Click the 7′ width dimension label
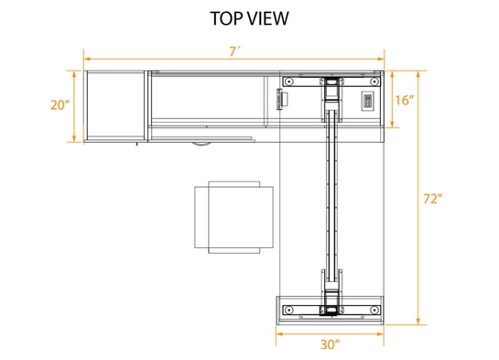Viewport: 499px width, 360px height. [x=234, y=52]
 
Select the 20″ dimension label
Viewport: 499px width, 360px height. [x=60, y=105]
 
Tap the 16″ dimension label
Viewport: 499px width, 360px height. [x=405, y=99]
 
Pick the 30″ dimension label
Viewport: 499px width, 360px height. [x=331, y=344]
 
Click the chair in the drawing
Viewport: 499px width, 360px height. [x=234, y=218]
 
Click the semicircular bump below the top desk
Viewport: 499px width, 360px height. [x=199, y=144]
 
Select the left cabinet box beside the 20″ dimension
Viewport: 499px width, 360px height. [x=114, y=105]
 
